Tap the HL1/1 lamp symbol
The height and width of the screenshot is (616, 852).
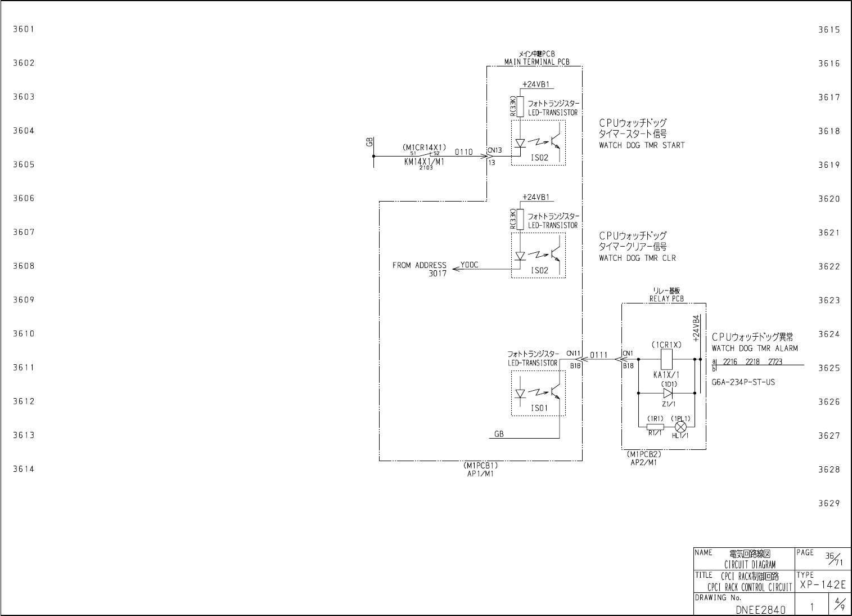point(680,426)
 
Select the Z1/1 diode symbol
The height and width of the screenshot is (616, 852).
point(668,393)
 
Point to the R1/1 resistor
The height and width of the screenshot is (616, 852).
point(655,426)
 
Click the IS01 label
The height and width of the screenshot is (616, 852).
point(539,408)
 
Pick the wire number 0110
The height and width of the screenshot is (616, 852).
point(464,152)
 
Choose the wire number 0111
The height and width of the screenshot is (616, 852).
point(599,355)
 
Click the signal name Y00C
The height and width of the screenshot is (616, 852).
point(470,265)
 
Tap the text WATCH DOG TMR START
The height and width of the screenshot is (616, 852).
point(642,145)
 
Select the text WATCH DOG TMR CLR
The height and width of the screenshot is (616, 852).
point(637,258)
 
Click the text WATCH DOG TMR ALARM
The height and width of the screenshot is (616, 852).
point(755,349)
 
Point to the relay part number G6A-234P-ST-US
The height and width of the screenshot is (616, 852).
point(743,382)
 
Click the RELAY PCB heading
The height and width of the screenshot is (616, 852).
point(666,299)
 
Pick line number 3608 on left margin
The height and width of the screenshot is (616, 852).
point(24,266)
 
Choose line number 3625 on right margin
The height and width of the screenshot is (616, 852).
point(829,368)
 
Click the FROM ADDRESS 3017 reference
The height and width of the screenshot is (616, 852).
point(420,269)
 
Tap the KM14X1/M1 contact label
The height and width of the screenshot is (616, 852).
point(424,162)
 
